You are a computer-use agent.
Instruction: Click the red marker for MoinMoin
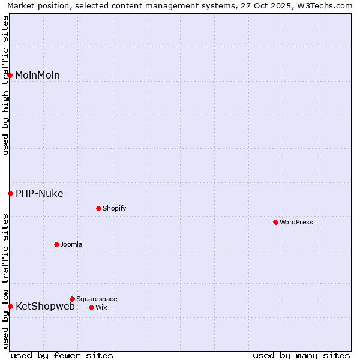(10, 75)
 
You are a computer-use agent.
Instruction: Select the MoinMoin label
(37, 76)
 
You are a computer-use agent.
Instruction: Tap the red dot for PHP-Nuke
(10, 193)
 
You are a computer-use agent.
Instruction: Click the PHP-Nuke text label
(39, 194)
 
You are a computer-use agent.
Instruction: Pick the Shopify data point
(98, 208)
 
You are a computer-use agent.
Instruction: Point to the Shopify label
(114, 209)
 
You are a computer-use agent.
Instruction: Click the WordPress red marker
(275, 222)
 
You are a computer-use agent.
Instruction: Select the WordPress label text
(296, 223)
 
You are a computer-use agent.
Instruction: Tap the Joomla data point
(56, 244)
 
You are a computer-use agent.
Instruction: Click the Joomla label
(71, 245)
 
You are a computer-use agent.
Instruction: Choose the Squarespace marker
(72, 299)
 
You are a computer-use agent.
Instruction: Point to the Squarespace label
(97, 299)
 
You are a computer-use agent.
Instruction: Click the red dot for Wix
(91, 307)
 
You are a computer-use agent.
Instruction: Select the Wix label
(101, 308)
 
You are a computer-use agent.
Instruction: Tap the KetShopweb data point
(10, 306)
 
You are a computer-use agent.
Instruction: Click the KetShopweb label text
(45, 307)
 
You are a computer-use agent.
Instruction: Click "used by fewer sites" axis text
(62, 356)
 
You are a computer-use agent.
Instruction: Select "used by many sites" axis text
(301, 356)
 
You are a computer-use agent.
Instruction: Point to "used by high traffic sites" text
(6, 85)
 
